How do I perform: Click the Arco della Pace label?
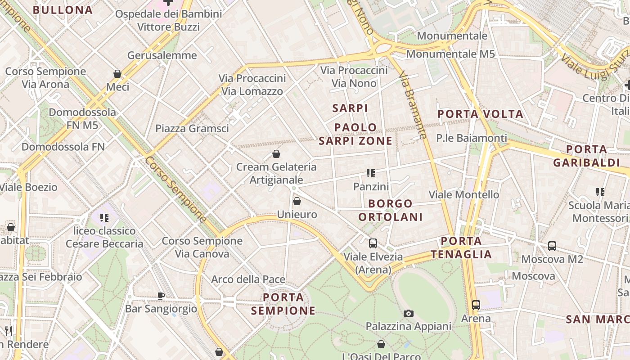(x=248, y=279)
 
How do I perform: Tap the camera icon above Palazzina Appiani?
(x=409, y=313)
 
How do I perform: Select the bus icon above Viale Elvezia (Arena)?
(x=373, y=243)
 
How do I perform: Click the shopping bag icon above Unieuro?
(x=297, y=201)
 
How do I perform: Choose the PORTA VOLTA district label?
(x=481, y=114)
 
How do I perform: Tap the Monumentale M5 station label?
(x=450, y=54)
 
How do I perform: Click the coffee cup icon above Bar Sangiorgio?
(x=161, y=296)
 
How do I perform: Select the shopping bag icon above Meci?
(x=117, y=73)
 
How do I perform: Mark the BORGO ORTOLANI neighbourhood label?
(x=391, y=210)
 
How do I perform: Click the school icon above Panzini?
(x=371, y=173)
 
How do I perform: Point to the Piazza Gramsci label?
(x=192, y=128)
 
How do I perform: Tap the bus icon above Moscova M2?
(x=552, y=246)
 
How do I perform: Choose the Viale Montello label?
(x=464, y=194)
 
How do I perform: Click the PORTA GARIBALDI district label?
(x=586, y=156)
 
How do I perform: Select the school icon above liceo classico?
(x=104, y=218)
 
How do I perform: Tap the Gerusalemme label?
(x=162, y=55)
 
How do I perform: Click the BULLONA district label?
(x=63, y=10)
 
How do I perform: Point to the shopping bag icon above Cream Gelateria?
(x=276, y=154)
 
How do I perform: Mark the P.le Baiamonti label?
(x=472, y=138)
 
